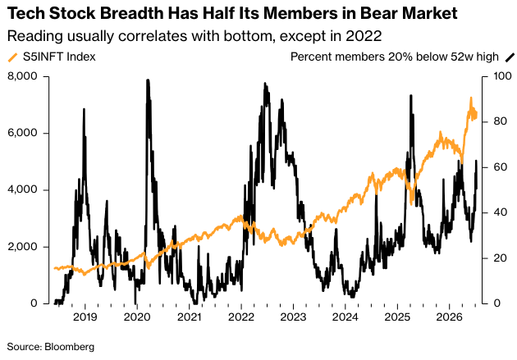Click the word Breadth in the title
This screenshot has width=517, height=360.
point(131,13)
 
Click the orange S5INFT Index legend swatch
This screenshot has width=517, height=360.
point(12,57)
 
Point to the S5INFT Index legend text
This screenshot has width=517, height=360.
point(59,57)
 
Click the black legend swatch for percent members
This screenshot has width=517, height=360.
point(510,57)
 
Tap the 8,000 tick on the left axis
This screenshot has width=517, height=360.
point(22,76)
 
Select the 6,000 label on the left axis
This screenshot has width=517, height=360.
point(22,133)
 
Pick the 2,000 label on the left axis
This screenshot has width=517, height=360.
point(22,246)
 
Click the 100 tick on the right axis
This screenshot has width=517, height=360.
point(502,76)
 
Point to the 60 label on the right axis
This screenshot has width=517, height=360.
point(501,167)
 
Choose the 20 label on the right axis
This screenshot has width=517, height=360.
point(501,257)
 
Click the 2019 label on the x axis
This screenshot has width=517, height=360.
point(85,317)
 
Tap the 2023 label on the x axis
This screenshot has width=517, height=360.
point(293,317)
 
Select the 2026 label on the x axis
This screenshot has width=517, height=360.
point(449,317)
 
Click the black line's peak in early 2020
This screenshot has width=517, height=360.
point(148,80)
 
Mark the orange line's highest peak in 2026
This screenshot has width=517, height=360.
point(471,98)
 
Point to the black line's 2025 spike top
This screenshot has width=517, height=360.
point(411,95)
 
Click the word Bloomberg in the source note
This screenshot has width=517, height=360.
point(69,347)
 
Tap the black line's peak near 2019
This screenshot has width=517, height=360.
point(84,109)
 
